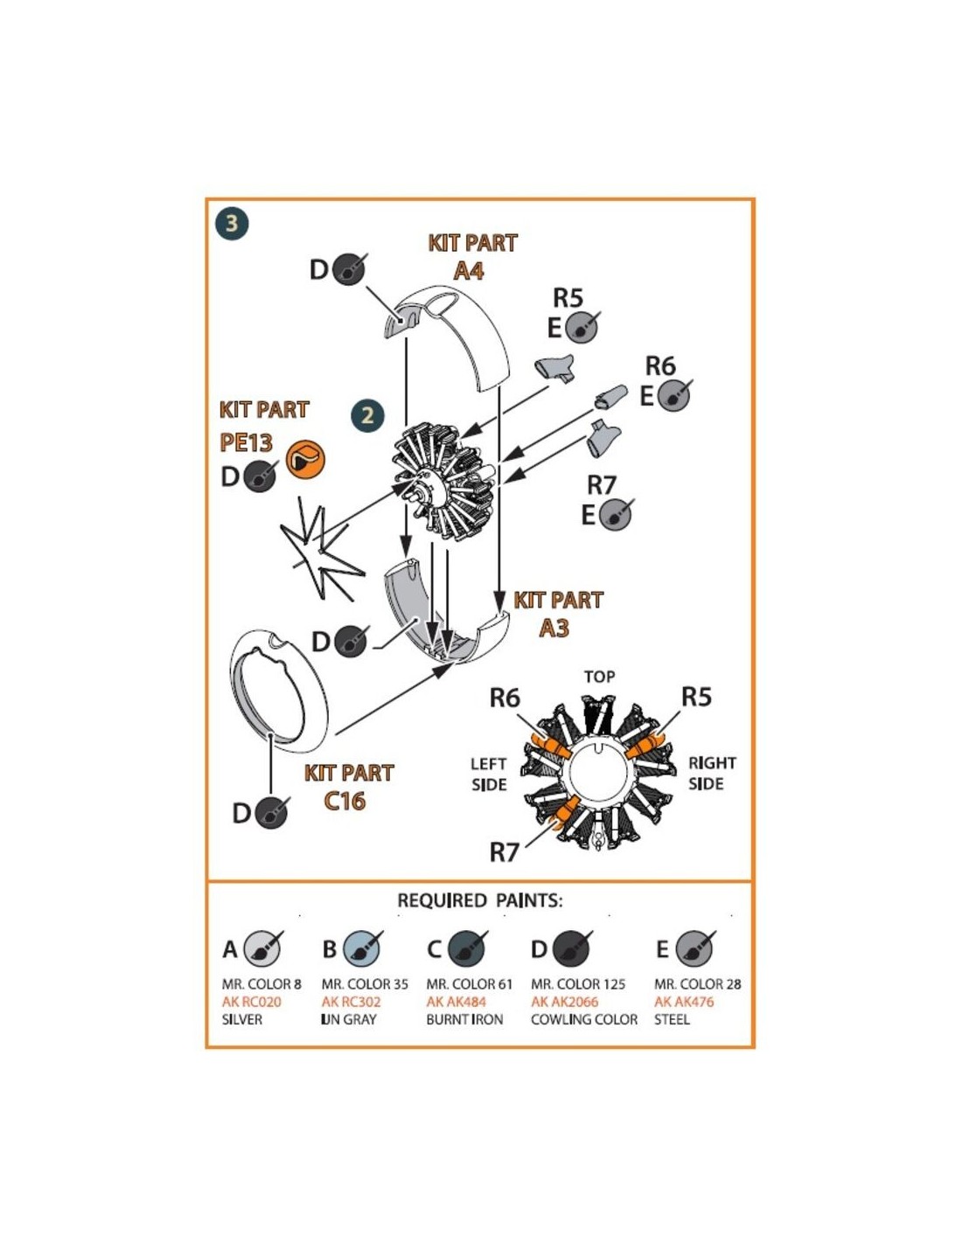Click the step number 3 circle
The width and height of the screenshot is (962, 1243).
232,223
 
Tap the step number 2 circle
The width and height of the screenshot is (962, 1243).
366,415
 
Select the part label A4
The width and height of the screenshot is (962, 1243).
469,270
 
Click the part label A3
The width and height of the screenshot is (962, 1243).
554,628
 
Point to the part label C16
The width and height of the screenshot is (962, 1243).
345,801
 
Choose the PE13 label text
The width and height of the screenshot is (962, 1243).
247,442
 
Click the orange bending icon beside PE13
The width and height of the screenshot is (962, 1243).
305,459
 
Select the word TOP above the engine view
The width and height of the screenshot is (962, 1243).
599,677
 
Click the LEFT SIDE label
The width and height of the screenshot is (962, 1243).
489,774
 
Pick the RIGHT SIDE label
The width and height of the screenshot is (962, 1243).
711,774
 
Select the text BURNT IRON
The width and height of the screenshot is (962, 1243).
464,1019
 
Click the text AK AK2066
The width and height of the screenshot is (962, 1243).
564,1002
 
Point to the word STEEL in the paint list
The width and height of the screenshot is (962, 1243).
672,1019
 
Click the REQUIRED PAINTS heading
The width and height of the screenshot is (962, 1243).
480,900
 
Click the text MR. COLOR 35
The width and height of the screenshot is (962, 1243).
365,984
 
